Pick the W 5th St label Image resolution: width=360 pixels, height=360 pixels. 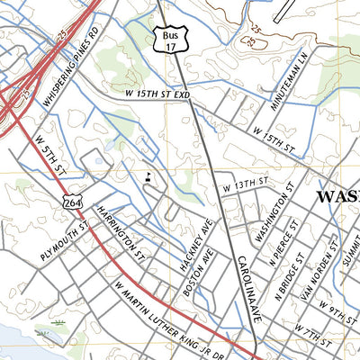tap(50, 156)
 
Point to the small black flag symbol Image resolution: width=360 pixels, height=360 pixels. tap(148, 176)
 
